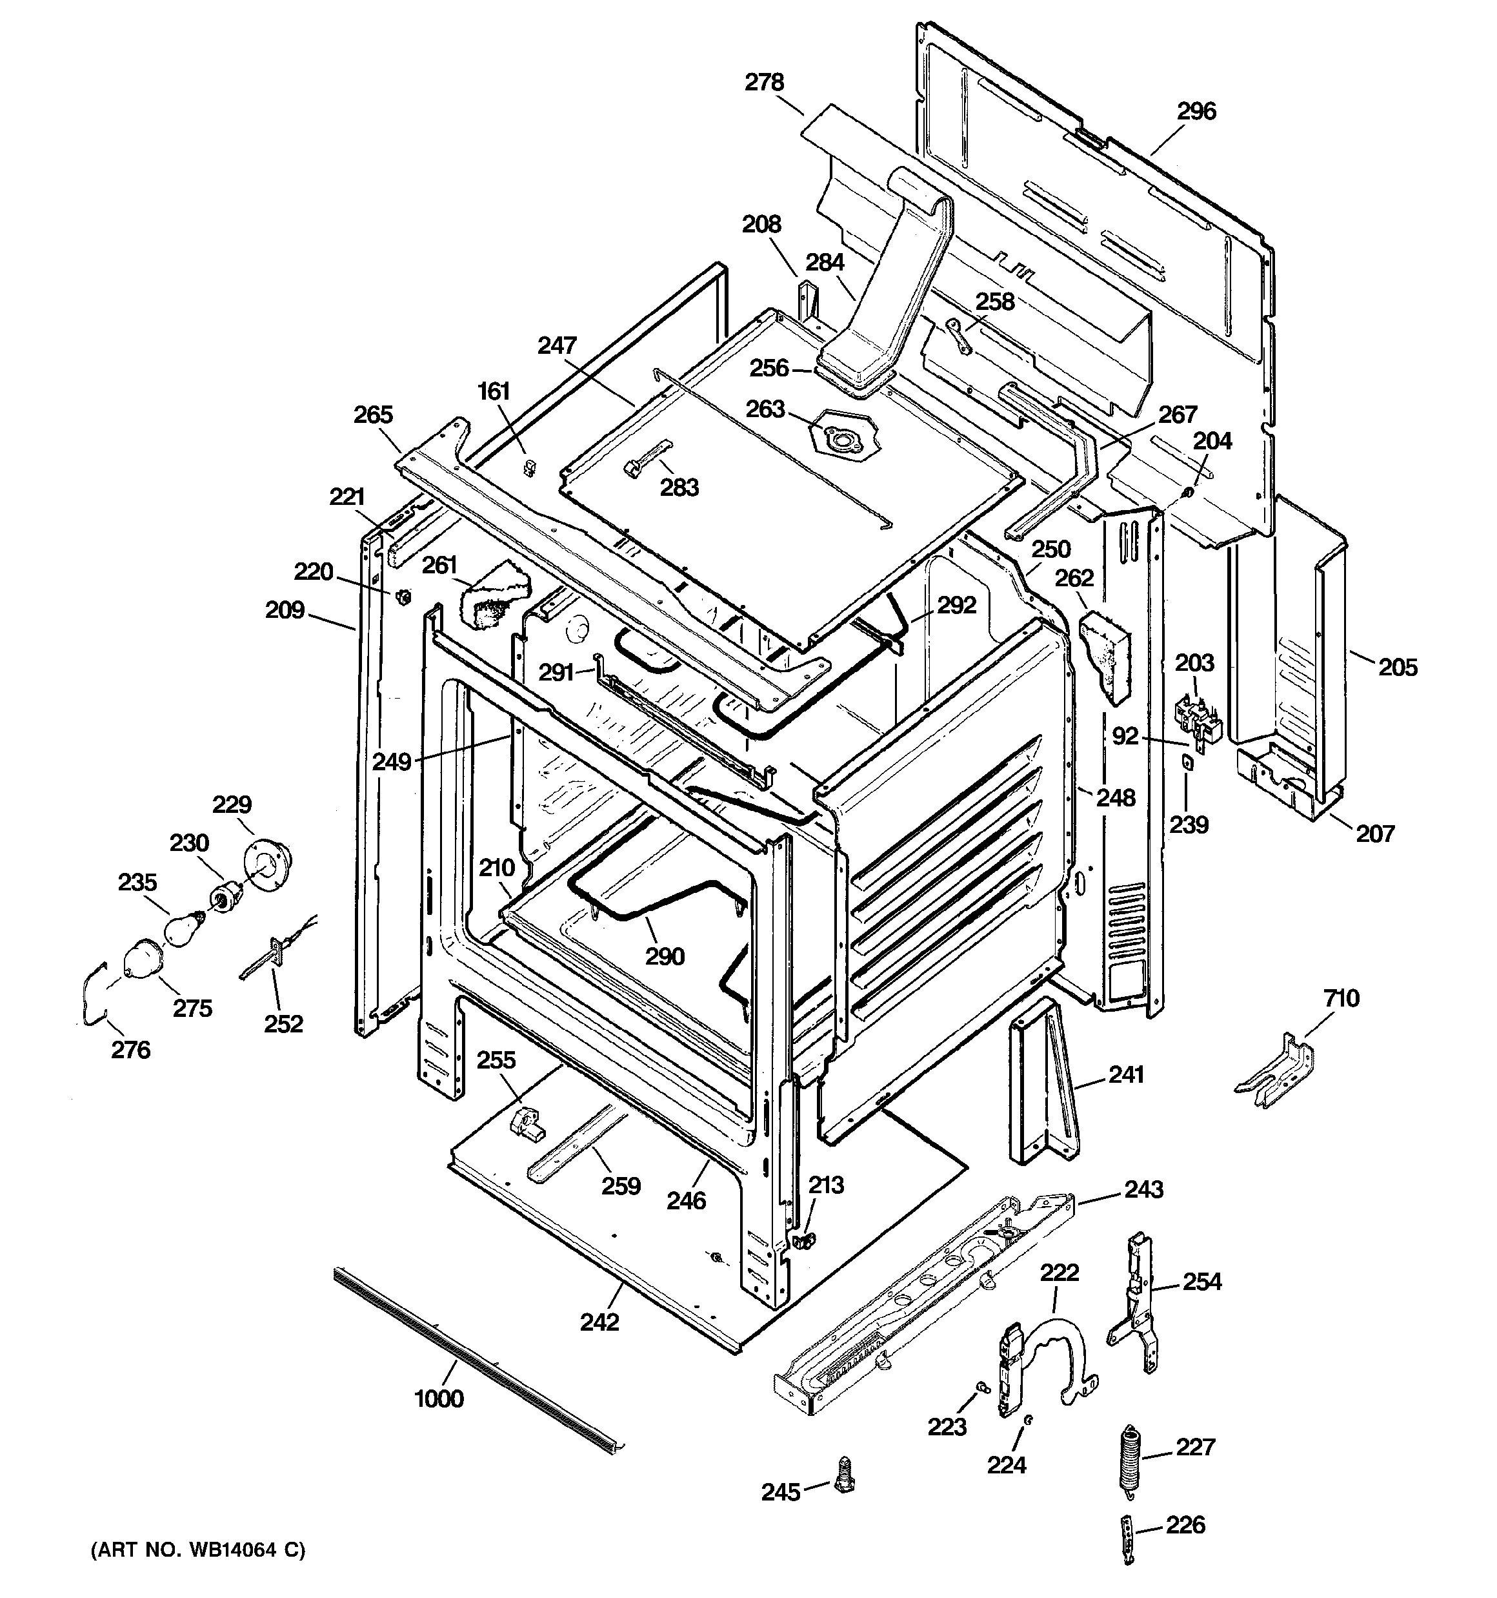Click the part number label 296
pyautogui.click(x=1196, y=111)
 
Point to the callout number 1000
pyautogui.click(x=439, y=1398)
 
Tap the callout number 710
pyautogui.click(x=1340, y=998)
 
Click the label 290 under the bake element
pyautogui.click(x=665, y=957)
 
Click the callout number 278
pyautogui.click(x=763, y=82)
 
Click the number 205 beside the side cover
pyautogui.click(x=1398, y=667)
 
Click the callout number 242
pyautogui.click(x=599, y=1322)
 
